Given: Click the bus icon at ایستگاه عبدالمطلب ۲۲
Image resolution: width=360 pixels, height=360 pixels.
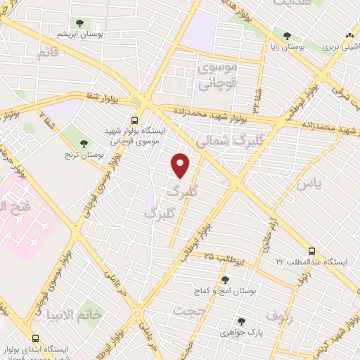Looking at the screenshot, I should [x=311, y=250].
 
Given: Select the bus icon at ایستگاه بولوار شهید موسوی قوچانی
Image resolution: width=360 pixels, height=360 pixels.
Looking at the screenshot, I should [x=134, y=120].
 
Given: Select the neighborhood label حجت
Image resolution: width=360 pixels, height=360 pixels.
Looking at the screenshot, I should [x=190, y=310].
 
